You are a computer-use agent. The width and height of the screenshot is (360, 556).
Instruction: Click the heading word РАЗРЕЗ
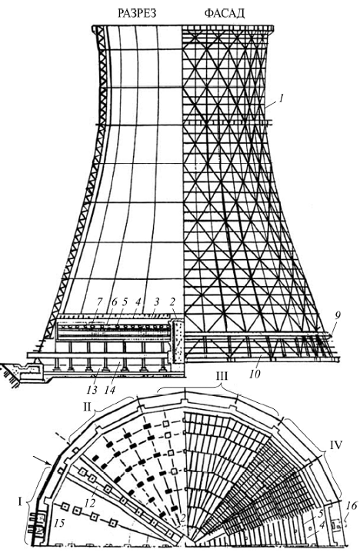137,14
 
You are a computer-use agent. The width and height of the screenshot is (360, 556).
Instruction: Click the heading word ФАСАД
225,14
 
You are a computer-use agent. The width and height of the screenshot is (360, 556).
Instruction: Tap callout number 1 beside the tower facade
281,98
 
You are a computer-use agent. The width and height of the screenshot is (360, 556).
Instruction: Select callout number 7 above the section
99,301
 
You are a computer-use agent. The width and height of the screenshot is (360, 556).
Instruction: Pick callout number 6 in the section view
113,301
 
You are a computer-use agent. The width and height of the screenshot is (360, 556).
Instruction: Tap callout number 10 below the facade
255,374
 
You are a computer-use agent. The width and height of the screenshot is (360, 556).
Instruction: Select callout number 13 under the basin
92,390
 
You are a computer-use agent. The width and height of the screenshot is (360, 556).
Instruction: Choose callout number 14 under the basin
110,390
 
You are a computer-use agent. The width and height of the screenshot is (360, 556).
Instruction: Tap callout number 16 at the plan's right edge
352,506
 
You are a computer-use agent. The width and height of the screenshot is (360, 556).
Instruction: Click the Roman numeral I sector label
20,501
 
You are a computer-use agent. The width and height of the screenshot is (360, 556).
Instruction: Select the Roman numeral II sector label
88,408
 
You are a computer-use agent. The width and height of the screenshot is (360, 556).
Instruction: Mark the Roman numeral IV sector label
335,444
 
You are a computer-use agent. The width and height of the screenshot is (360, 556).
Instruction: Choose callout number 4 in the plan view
322,526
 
